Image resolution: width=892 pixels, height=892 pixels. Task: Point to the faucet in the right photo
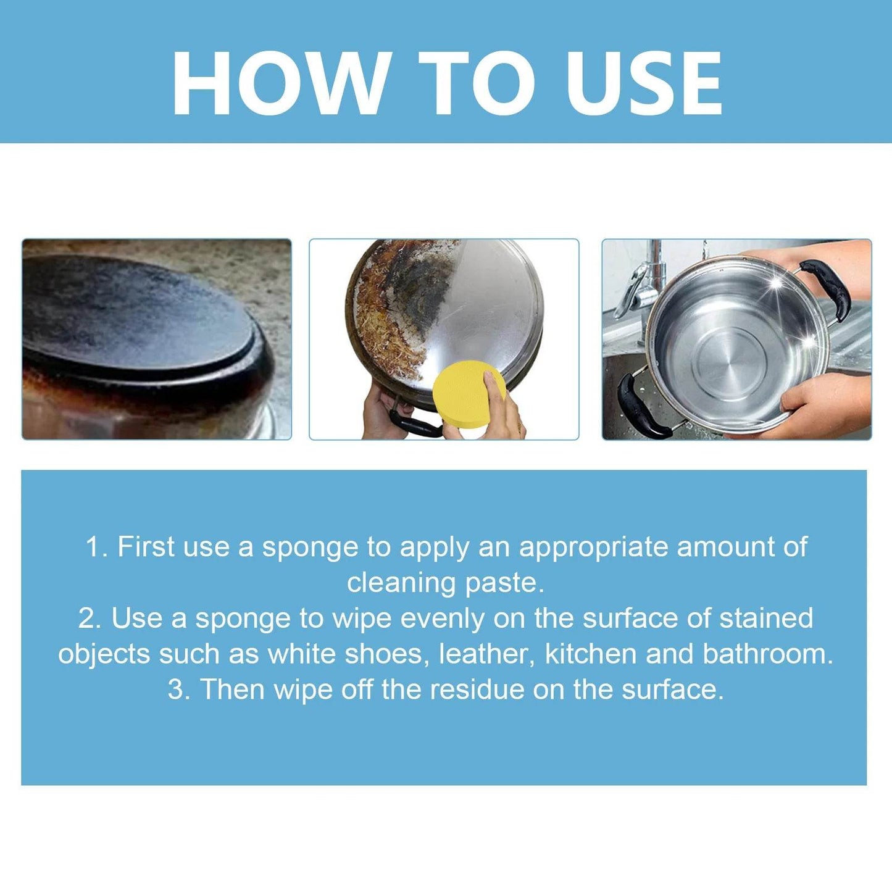[648, 278]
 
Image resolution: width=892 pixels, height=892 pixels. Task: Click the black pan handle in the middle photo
[414, 424]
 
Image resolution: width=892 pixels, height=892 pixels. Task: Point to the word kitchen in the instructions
[591, 654]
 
